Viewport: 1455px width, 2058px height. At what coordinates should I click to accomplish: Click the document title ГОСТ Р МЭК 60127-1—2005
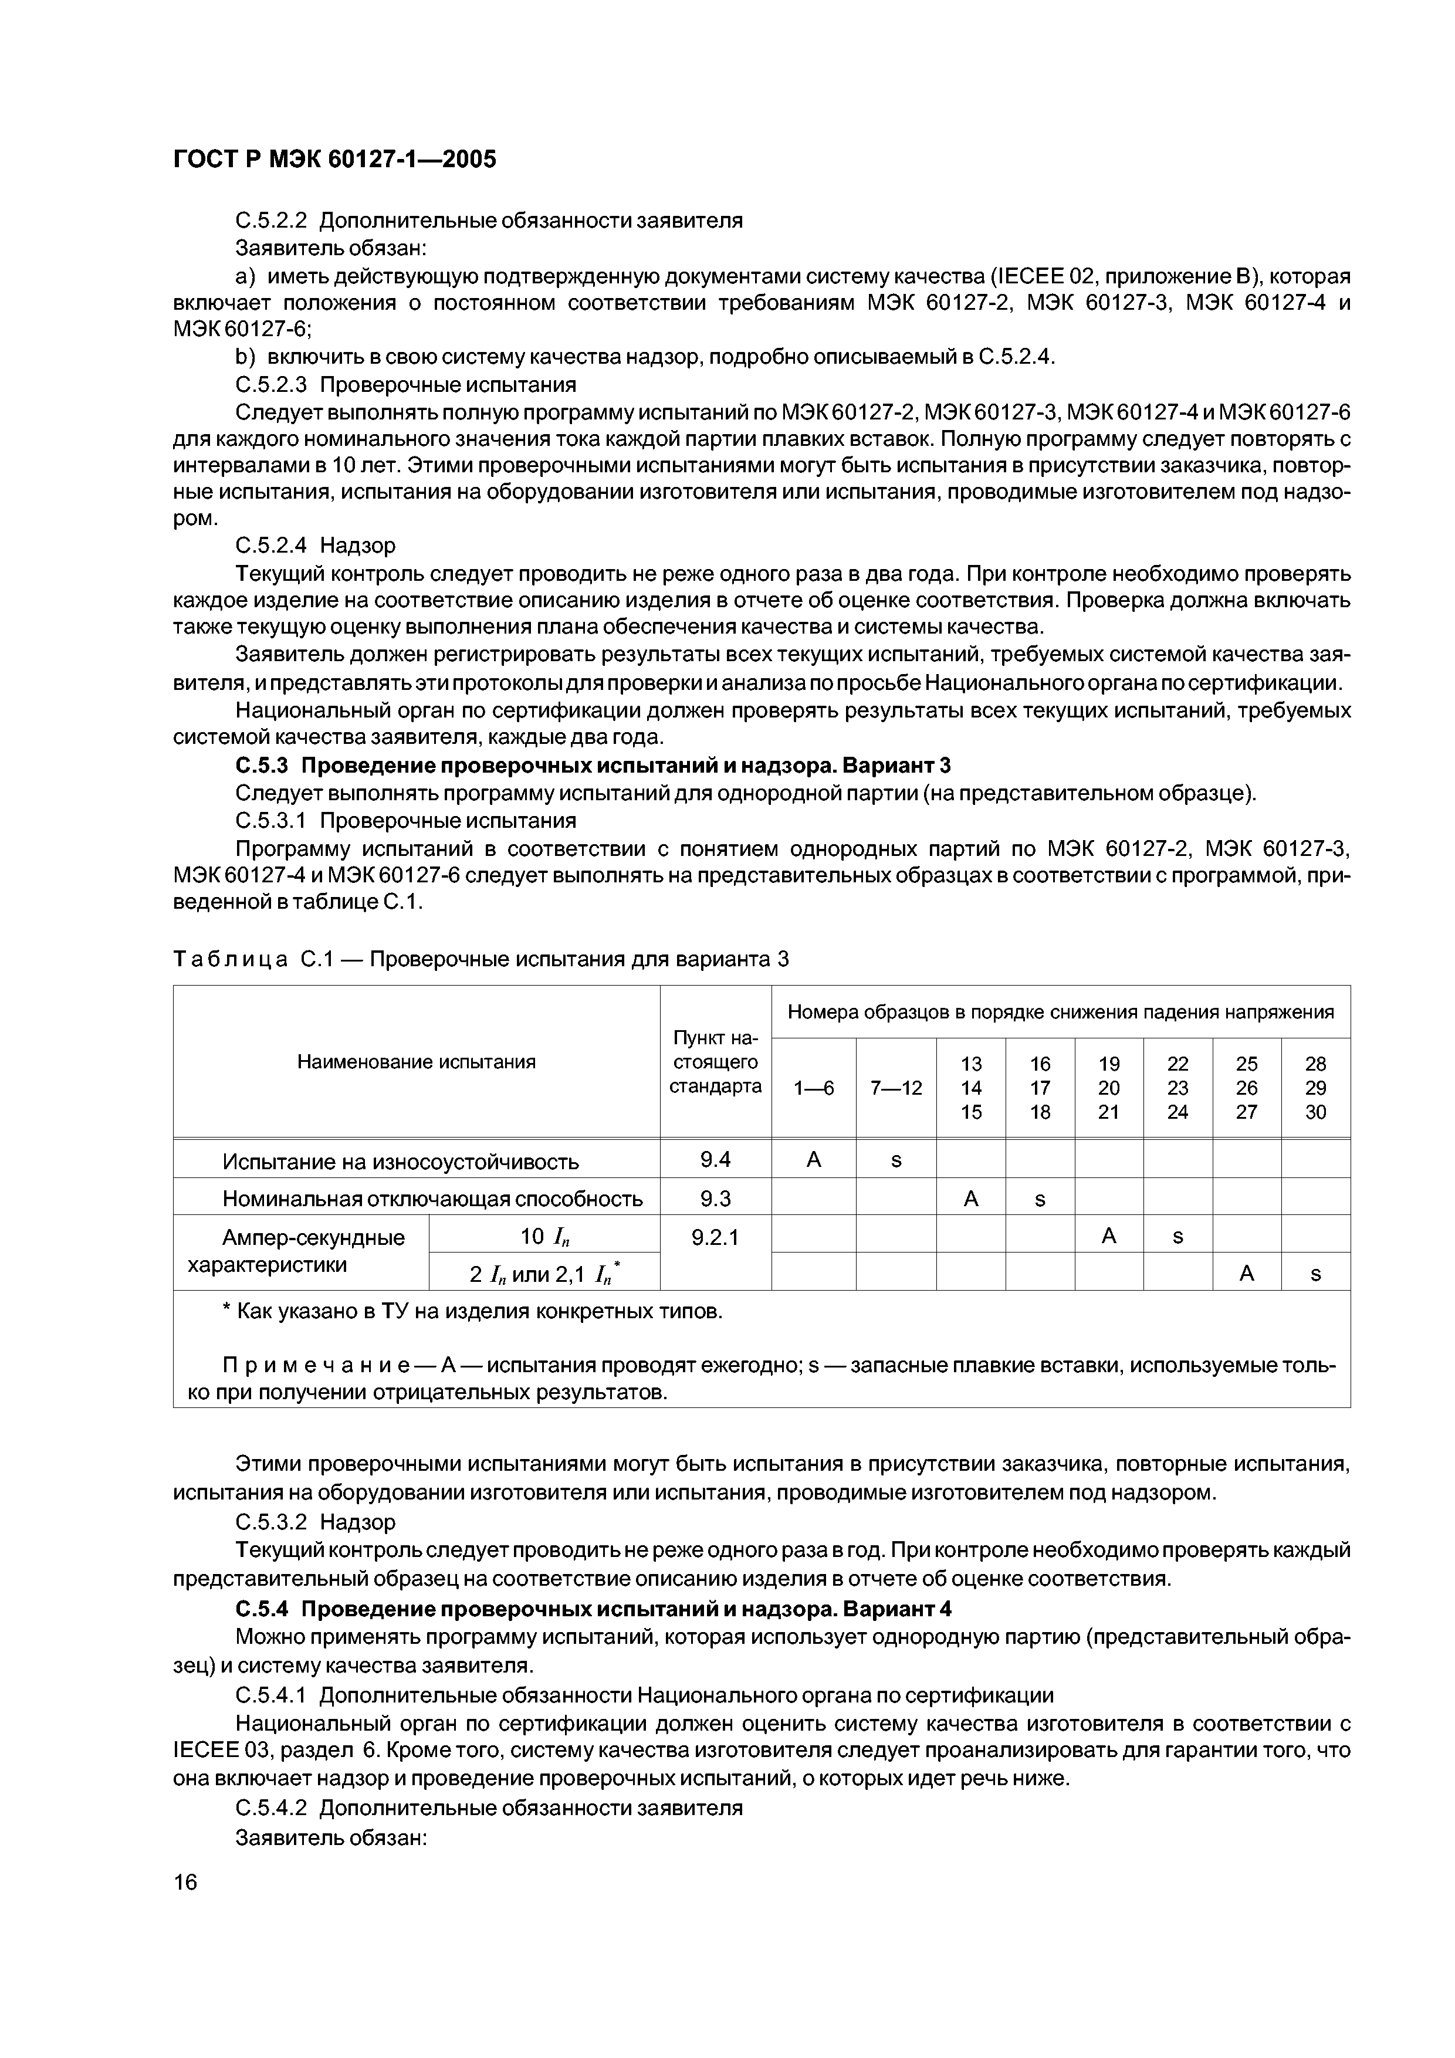[333, 160]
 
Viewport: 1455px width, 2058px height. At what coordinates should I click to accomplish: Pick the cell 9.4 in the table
[715, 1160]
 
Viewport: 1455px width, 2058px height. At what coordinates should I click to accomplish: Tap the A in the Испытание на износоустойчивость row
[813, 1160]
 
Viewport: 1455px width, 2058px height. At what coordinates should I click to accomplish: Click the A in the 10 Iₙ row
[1109, 1236]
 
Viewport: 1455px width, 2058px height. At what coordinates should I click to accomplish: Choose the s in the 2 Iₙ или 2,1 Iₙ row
[1315, 1274]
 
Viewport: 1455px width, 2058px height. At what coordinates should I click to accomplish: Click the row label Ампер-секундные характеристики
[300, 1251]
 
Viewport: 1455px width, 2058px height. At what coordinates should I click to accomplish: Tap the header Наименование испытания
[416, 1062]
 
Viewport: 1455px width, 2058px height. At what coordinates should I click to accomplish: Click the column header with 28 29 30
[1315, 1087]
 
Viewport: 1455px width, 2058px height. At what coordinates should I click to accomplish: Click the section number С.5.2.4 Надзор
[314, 545]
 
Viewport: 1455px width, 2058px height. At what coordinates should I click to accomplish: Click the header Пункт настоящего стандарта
[715, 1062]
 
